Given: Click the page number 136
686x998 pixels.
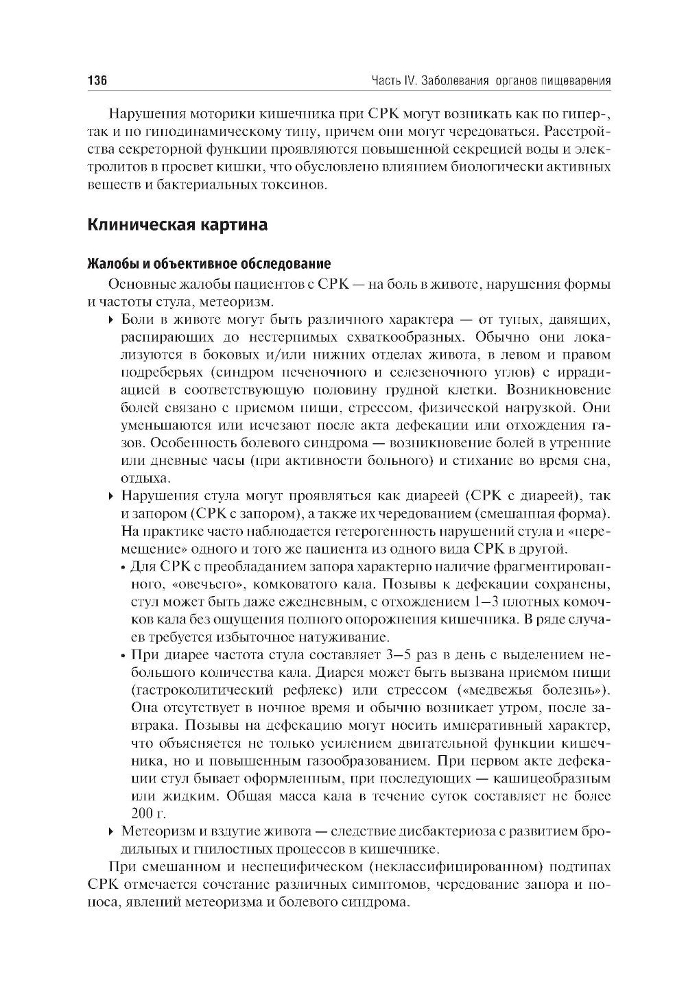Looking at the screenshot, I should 97,81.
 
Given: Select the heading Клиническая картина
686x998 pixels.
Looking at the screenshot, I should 177,224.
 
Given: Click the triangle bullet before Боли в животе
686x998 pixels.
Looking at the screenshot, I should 111,320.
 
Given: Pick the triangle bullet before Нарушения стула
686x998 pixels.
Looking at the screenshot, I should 111,496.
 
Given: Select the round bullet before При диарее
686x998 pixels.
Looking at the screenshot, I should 122,655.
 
